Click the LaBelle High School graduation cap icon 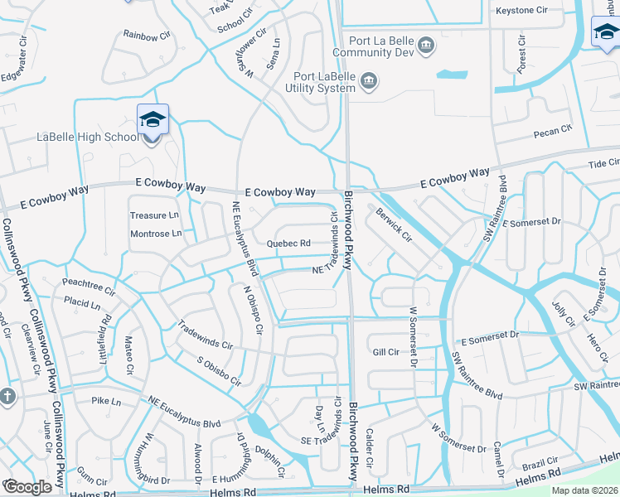pyautogui.click(x=153, y=121)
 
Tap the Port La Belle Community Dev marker pyautogui.click(x=426, y=44)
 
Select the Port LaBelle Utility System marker pyautogui.click(x=370, y=80)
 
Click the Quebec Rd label pyautogui.click(x=288, y=244)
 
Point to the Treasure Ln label pyautogui.click(x=154, y=215)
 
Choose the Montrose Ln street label pyautogui.click(x=155, y=234)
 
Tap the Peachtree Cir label pyautogui.click(x=88, y=284)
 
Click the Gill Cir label pyautogui.click(x=386, y=352)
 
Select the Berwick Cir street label pyautogui.click(x=393, y=224)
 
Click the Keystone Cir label pyautogui.click(x=522, y=11)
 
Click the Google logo pyautogui.click(x=27, y=486)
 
